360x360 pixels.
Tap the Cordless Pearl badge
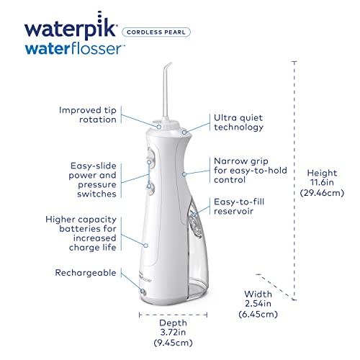(x=156, y=32)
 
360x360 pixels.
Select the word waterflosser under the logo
(x=75, y=49)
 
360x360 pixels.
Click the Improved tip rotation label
(x=88, y=114)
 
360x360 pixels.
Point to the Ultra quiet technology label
(x=238, y=122)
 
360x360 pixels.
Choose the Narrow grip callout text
(x=251, y=171)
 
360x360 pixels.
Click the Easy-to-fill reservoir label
(x=239, y=207)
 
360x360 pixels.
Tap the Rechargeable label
(x=86, y=273)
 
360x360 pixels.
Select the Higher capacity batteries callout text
(x=81, y=233)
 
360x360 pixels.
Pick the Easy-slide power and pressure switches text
(x=92, y=180)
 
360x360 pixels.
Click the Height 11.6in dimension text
(x=322, y=183)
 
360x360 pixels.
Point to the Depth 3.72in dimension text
(x=173, y=333)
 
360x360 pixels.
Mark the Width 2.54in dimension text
(x=258, y=304)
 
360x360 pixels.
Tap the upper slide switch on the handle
(x=150, y=156)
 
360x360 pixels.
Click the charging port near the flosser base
(x=143, y=292)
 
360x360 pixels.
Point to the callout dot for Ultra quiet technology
(x=184, y=132)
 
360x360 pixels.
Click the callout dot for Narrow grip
(x=184, y=174)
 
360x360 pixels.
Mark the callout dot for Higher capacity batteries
(x=145, y=246)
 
